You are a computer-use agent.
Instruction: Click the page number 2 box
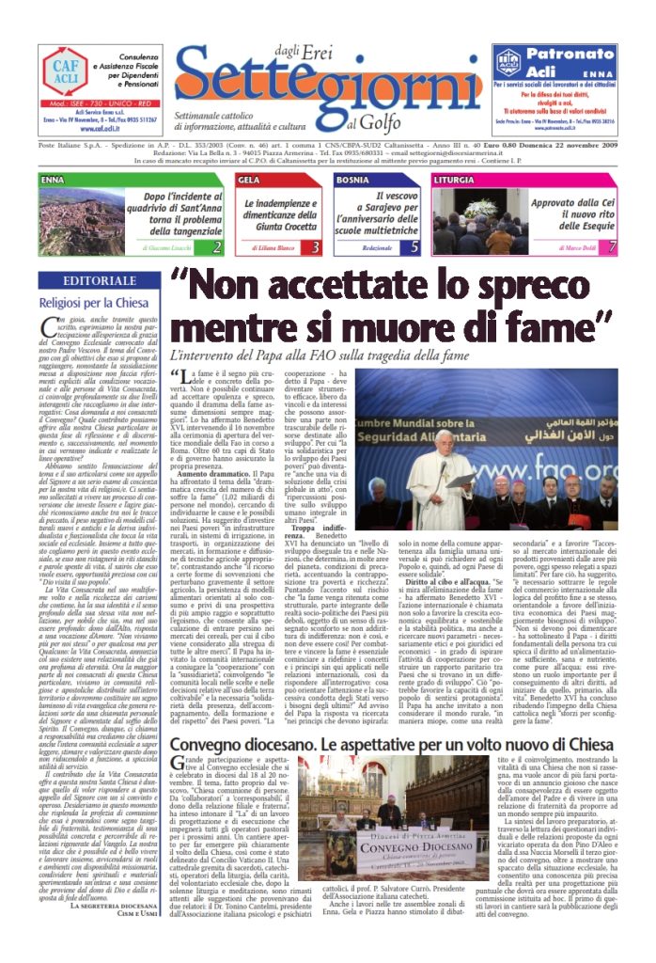point(217,247)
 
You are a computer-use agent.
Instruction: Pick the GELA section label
point(250,179)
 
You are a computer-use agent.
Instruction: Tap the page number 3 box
point(316,247)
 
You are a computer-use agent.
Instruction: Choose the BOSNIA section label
point(352,179)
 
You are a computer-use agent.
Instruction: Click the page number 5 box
point(414,247)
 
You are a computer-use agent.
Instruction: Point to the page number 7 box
point(612,247)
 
